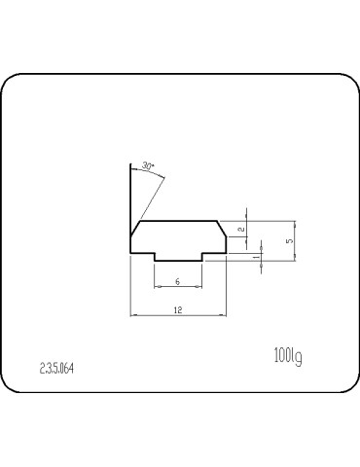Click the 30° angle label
[148, 166]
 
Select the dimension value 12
[178, 308]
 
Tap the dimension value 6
[177, 281]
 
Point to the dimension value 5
[288, 238]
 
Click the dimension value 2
[240, 230]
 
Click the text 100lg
[287, 357]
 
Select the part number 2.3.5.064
[57, 369]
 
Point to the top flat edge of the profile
[179, 221]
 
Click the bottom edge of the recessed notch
[178, 261]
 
